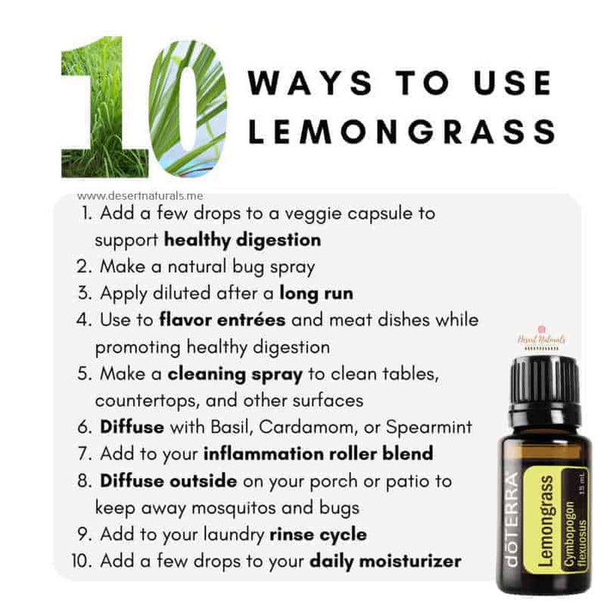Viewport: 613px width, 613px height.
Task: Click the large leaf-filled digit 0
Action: [188, 107]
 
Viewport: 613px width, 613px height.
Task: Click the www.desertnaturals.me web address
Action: [140, 196]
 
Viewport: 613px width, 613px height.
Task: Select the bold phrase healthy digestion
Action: [242, 240]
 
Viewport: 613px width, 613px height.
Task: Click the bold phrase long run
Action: [316, 293]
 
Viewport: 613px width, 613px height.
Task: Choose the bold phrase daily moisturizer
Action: [385, 561]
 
